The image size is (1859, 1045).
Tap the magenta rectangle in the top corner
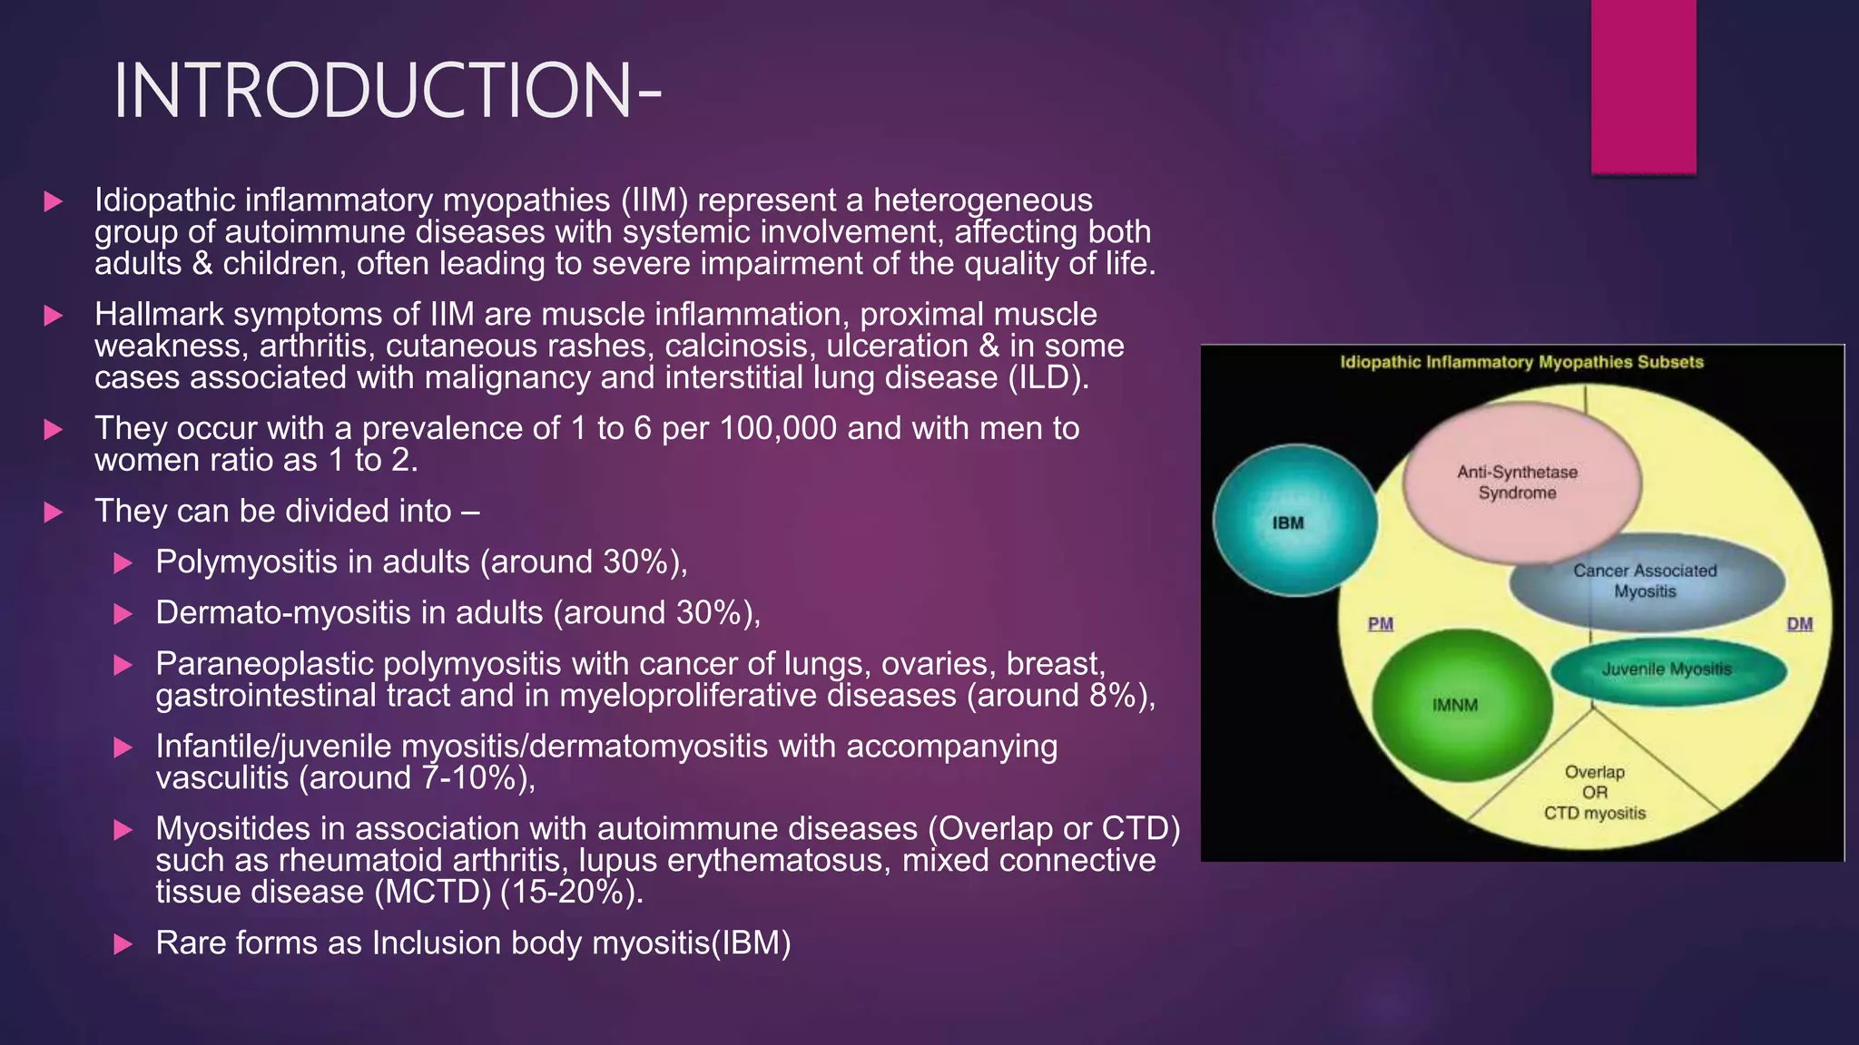(x=1643, y=86)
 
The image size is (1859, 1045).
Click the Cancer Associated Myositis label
(x=1645, y=581)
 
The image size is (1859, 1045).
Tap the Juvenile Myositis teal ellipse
(x=1667, y=669)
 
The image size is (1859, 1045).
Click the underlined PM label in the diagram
(x=1380, y=624)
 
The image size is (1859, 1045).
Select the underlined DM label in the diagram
(x=1799, y=624)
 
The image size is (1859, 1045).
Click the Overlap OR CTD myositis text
(x=1595, y=793)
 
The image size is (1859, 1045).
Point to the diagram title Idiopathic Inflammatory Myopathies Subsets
(x=1521, y=362)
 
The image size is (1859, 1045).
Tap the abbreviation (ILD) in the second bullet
(x=1048, y=377)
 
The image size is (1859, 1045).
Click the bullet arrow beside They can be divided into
(x=54, y=512)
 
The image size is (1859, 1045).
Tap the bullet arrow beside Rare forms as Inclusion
(x=123, y=944)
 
